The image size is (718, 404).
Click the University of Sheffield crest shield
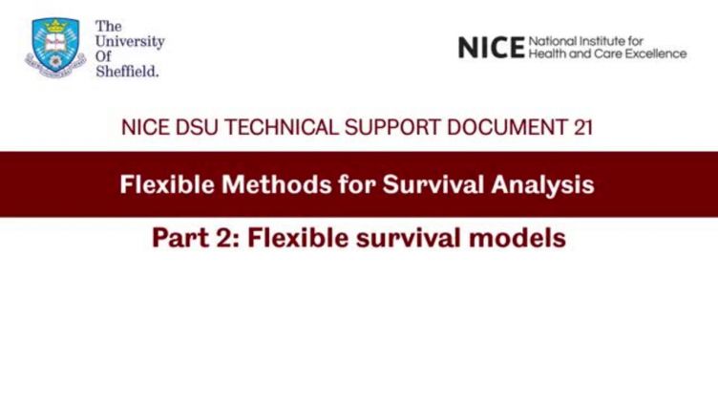[x=55, y=45]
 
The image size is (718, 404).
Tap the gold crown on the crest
[x=56, y=27]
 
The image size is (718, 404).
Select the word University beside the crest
[x=130, y=42]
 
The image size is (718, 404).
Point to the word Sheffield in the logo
[x=127, y=72]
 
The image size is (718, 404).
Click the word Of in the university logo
[x=103, y=56]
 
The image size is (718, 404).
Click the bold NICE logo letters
[x=492, y=48]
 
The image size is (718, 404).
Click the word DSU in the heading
[x=197, y=127]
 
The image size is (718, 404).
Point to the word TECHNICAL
[x=281, y=127]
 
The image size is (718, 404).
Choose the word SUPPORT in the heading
[x=392, y=127]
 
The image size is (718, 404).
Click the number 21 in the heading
[x=583, y=127]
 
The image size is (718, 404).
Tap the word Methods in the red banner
[x=277, y=184]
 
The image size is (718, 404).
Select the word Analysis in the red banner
[x=542, y=185]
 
